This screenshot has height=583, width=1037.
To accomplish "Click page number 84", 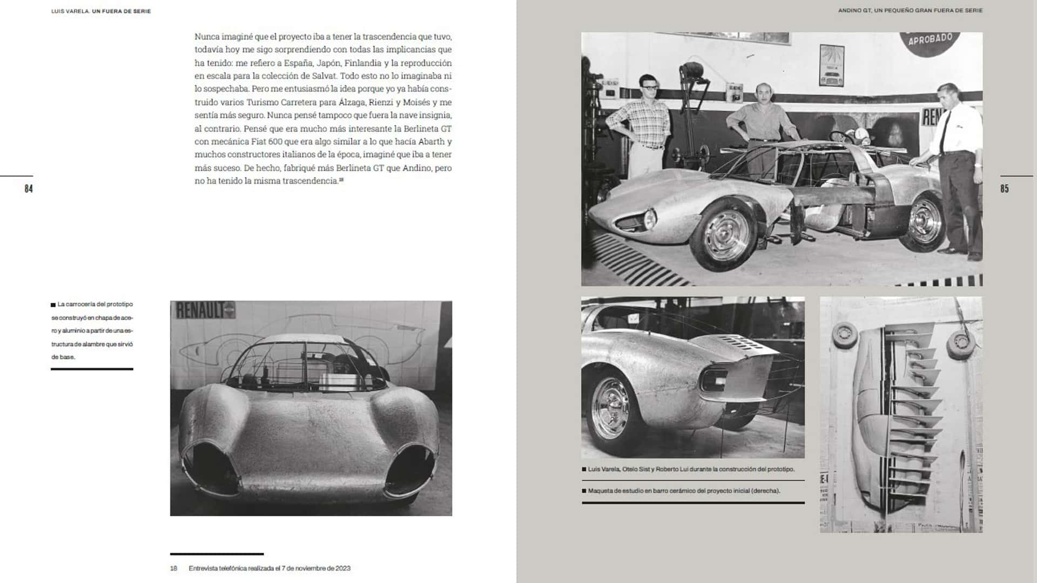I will pyautogui.click(x=29, y=188).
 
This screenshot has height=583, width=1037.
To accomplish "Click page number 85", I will pyautogui.click(x=1004, y=188).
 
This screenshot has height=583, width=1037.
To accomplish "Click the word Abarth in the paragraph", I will pyautogui.click(x=431, y=141).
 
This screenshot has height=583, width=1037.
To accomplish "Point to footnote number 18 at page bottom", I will pyautogui.click(x=173, y=568).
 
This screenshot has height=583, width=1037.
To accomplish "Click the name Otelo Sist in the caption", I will pyautogui.click(x=637, y=470).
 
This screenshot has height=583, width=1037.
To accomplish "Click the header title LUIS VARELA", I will pyautogui.click(x=70, y=11).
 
